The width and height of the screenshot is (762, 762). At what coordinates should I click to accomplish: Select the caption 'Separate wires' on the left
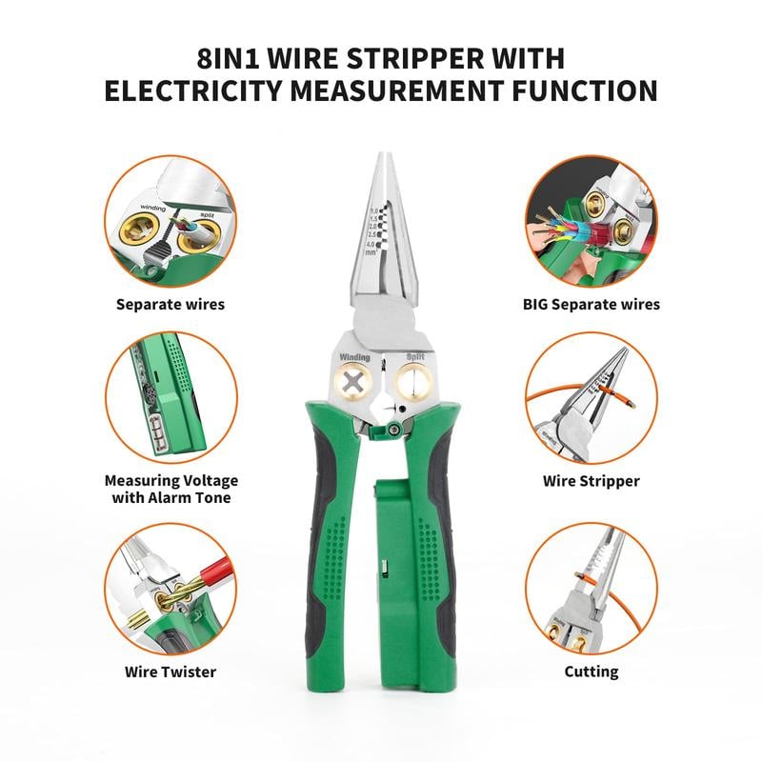click(170, 305)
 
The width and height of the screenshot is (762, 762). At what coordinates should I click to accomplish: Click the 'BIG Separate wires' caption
click(591, 305)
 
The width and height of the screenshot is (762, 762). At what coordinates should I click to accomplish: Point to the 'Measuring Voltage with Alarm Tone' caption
click(170, 489)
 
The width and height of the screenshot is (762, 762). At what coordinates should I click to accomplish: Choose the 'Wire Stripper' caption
click(591, 481)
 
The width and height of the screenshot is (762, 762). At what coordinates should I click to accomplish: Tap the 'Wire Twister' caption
click(170, 672)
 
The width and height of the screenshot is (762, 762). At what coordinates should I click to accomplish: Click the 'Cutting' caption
click(591, 672)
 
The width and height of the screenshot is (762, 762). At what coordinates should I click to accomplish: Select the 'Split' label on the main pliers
click(415, 357)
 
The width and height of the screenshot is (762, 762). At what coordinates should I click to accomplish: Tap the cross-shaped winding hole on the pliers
click(354, 383)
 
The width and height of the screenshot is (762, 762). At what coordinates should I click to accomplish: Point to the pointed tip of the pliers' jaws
click(382, 158)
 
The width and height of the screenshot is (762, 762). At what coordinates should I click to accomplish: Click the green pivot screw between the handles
click(392, 431)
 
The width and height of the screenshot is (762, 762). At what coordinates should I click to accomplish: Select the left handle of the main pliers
click(329, 552)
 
